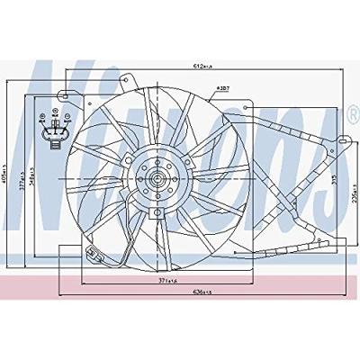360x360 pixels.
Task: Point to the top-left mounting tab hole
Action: point(62,94)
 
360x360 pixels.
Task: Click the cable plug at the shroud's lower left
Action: point(90,253)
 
